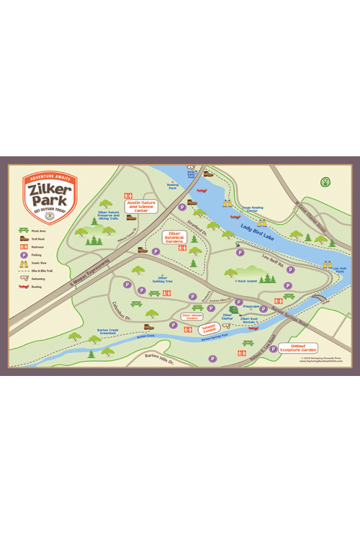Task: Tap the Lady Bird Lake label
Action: click(256, 230)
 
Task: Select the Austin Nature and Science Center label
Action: click(141, 207)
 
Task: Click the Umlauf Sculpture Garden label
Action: click(298, 348)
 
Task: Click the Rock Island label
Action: click(247, 281)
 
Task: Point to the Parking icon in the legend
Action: click(24, 254)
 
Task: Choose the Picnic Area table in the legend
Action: click(24, 230)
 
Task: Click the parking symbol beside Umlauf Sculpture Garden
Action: click(273, 349)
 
